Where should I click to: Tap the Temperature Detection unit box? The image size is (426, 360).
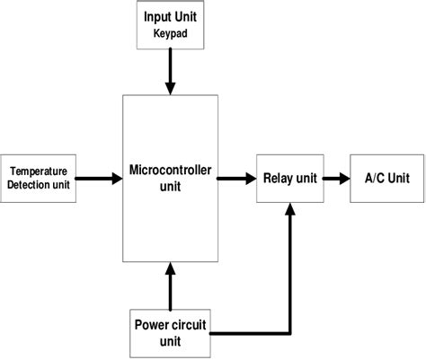pos(38,177)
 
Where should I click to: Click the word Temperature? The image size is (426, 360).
pos(39,170)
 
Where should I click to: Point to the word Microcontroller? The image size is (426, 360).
pos(169,171)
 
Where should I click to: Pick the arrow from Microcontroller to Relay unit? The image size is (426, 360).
pos(237,178)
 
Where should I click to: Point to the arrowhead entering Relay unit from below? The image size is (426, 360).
pos(289,209)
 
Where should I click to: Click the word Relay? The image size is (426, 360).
pos(276,178)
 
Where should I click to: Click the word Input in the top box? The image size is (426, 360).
pos(155,17)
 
